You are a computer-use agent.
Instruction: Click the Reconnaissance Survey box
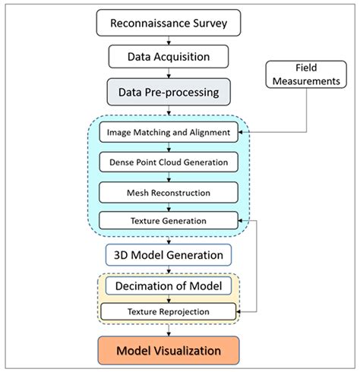[169, 23]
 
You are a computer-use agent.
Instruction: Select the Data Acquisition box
[169, 56]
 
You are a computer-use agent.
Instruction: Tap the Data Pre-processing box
[169, 92]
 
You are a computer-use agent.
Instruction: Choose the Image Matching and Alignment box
[169, 132]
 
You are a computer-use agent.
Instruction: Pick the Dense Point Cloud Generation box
[169, 162]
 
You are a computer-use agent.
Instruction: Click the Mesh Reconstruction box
[169, 191]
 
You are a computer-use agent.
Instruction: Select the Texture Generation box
[169, 221]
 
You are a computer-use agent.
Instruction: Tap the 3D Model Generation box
[169, 254]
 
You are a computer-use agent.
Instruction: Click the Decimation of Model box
[169, 286]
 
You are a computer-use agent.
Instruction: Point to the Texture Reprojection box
[169, 312]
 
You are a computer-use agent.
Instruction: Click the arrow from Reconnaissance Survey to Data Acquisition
[169, 39]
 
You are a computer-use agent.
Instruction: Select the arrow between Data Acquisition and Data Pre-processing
[169, 73]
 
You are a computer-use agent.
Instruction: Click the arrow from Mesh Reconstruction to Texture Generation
[169, 206]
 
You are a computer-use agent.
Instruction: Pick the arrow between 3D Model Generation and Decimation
[169, 270]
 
